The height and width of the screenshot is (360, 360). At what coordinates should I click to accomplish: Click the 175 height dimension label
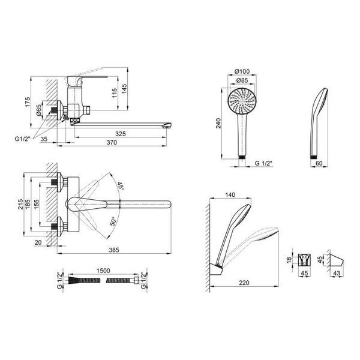pyautogui.click(x=28, y=102)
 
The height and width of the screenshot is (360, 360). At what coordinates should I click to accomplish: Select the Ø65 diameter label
pyautogui.click(x=39, y=110)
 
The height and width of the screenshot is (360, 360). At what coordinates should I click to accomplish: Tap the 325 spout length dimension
pyautogui.click(x=121, y=134)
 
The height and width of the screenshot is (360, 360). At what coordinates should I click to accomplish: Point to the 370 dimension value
pyautogui.click(x=112, y=143)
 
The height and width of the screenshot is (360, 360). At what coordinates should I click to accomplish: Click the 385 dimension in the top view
pyautogui.click(x=114, y=250)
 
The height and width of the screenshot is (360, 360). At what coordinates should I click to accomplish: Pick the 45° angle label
pyautogui.click(x=121, y=186)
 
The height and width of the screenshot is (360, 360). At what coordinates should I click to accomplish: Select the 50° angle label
pyautogui.click(x=113, y=221)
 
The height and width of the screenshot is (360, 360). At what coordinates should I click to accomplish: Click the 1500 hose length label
pyautogui.click(x=103, y=271)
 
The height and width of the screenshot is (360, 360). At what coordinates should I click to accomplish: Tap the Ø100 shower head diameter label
pyautogui.click(x=242, y=71)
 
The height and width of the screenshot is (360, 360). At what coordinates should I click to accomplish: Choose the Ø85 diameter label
pyautogui.click(x=242, y=80)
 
